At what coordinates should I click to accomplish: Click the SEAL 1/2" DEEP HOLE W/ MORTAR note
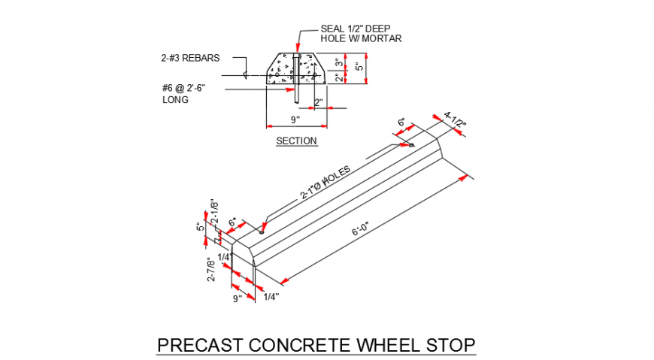[361, 34]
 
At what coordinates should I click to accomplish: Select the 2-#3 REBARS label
[190, 58]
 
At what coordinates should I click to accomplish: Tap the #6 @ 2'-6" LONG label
[183, 94]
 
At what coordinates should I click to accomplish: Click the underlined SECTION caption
[296, 141]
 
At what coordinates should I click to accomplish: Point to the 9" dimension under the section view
[295, 120]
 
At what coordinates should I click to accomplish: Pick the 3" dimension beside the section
[340, 63]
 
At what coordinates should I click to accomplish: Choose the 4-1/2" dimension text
[454, 119]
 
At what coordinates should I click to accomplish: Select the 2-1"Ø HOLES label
[325, 183]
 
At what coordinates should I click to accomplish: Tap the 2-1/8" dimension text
[214, 211]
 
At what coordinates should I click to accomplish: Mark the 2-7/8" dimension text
[211, 271]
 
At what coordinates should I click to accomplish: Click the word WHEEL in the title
[389, 346]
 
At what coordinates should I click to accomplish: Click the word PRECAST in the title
[200, 346]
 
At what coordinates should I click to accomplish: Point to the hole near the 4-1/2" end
[411, 145]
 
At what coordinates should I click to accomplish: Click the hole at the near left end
[262, 232]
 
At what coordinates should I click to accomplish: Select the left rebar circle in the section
[277, 75]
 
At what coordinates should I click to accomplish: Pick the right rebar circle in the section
[314, 75]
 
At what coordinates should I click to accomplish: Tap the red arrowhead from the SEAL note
[298, 47]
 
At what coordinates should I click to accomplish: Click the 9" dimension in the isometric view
[238, 298]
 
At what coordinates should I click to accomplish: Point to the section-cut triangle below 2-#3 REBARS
[245, 75]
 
